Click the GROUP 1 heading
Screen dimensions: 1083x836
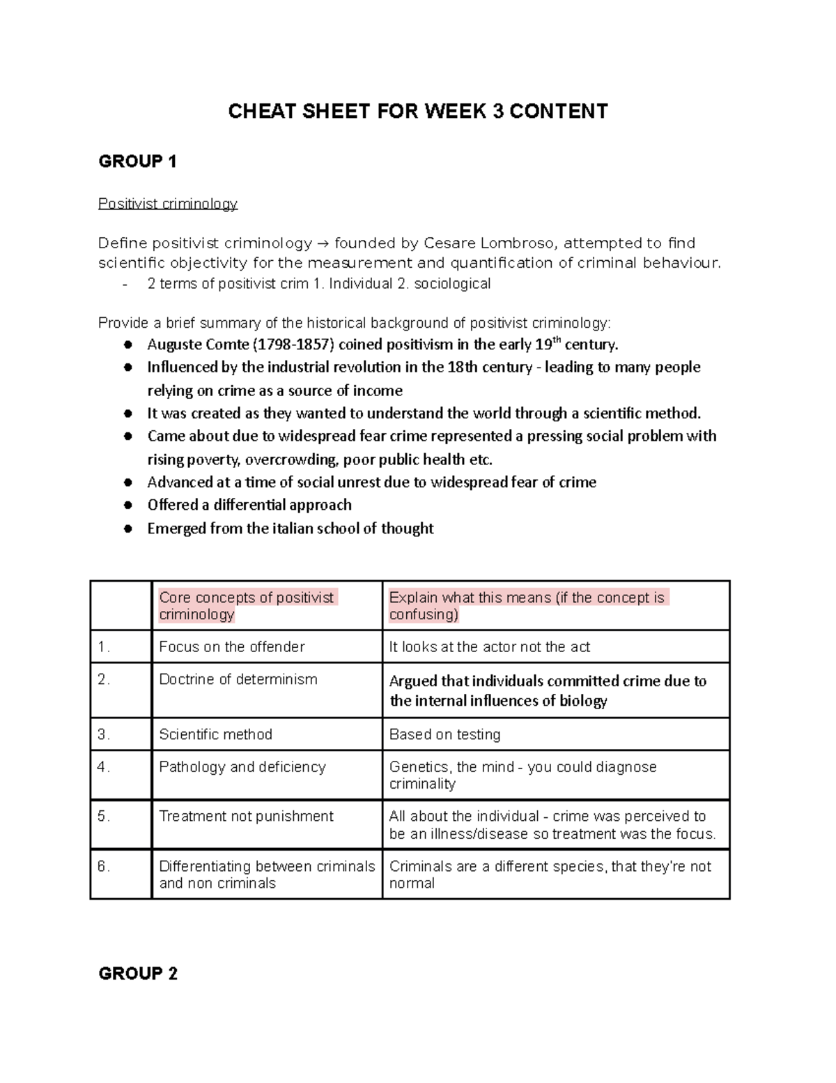[x=137, y=162]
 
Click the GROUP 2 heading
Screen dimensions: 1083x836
[x=138, y=974]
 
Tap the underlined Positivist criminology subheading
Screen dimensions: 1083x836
[x=168, y=204]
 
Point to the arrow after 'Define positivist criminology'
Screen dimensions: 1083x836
[x=323, y=243]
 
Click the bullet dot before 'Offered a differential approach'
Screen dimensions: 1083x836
[x=128, y=505]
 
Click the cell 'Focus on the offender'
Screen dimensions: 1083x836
[x=232, y=647]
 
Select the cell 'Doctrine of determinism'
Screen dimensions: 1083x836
[x=238, y=680]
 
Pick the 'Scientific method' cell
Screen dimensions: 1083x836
[x=215, y=734]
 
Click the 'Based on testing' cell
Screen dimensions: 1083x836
[x=444, y=734]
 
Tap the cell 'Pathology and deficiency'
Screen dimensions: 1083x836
[x=242, y=767]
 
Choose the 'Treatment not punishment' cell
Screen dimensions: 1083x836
[x=246, y=817]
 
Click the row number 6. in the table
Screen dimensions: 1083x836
[x=104, y=867]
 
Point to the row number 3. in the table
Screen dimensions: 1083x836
[x=104, y=734]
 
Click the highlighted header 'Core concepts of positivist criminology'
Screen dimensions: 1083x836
[x=247, y=605]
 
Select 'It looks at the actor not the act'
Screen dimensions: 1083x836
[x=489, y=647]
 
